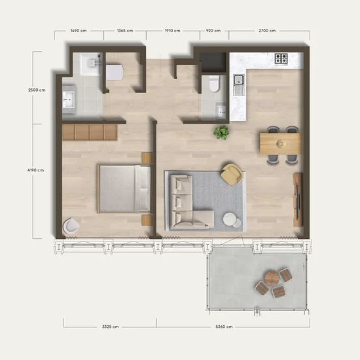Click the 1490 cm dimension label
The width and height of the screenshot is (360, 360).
coord(79,31)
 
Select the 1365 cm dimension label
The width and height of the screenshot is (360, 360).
coord(125,31)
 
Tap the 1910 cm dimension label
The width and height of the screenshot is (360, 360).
coord(172,31)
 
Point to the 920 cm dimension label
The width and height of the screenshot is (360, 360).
coord(213,31)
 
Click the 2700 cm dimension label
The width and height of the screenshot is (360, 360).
coord(267,31)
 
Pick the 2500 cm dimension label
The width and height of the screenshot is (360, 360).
coord(37,90)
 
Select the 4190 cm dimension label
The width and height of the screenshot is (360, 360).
coord(35,170)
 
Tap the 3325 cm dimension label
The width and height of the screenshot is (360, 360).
coord(110,327)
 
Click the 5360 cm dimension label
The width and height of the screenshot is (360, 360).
coord(224,327)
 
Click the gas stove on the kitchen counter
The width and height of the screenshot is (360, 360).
coord(281,58)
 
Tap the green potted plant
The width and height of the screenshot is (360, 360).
coord(221,132)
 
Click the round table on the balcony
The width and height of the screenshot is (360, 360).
coord(272,278)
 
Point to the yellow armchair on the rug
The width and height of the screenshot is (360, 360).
coord(232,174)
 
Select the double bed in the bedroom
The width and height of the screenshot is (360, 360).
coord(124,189)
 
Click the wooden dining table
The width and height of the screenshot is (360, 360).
coord(280,144)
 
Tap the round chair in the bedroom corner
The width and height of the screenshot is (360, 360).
coord(71,226)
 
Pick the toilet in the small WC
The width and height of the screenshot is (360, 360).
coord(214,84)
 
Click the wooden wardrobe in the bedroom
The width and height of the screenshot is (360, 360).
coord(90,132)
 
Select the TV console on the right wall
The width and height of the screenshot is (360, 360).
coord(298,200)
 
